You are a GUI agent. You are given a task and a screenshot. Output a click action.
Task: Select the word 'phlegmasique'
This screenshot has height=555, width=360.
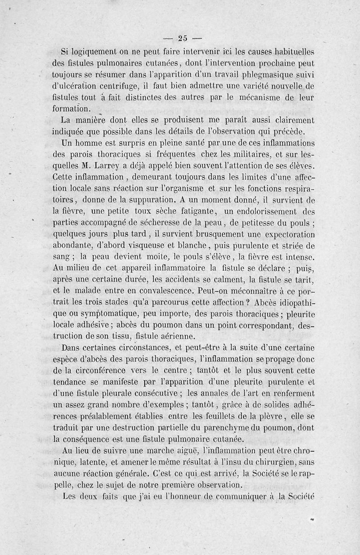point(254,73)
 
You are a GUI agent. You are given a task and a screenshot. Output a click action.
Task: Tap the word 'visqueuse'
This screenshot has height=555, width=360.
point(135,245)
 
